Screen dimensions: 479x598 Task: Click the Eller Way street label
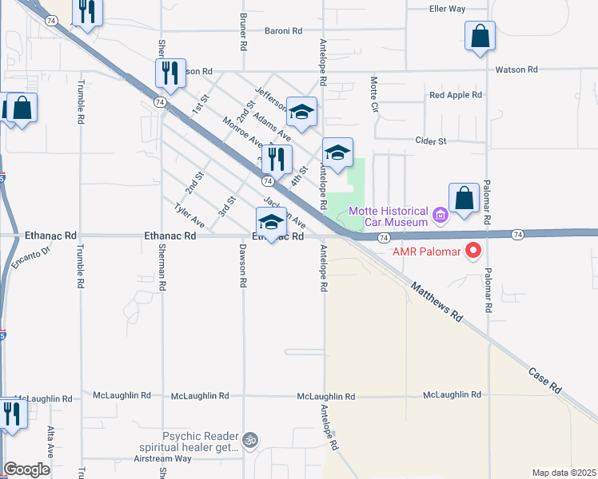[x=447, y=9]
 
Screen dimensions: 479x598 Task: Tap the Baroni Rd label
[x=284, y=31]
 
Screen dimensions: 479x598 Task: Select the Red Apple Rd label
[x=456, y=95]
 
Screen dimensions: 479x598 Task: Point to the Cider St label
[x=431, y=141]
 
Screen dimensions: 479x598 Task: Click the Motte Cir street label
[x=374, y=94]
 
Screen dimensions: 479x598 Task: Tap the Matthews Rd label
[x=437, y=300]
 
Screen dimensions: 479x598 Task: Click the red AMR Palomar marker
[x=473, y=251]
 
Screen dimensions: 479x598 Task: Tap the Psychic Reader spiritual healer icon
[x=250, y=439]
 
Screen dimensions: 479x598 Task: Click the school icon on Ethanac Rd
[x=271, y=222]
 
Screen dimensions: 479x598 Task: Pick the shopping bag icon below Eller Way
[x=480, y=36]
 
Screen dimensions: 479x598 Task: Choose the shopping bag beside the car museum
[x=464, y=199]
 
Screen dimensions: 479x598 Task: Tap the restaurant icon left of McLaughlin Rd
[x=12, y=413]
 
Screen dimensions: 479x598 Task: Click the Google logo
[x=26, y=469]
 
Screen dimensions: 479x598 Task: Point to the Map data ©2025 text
[x=564, y=473]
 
